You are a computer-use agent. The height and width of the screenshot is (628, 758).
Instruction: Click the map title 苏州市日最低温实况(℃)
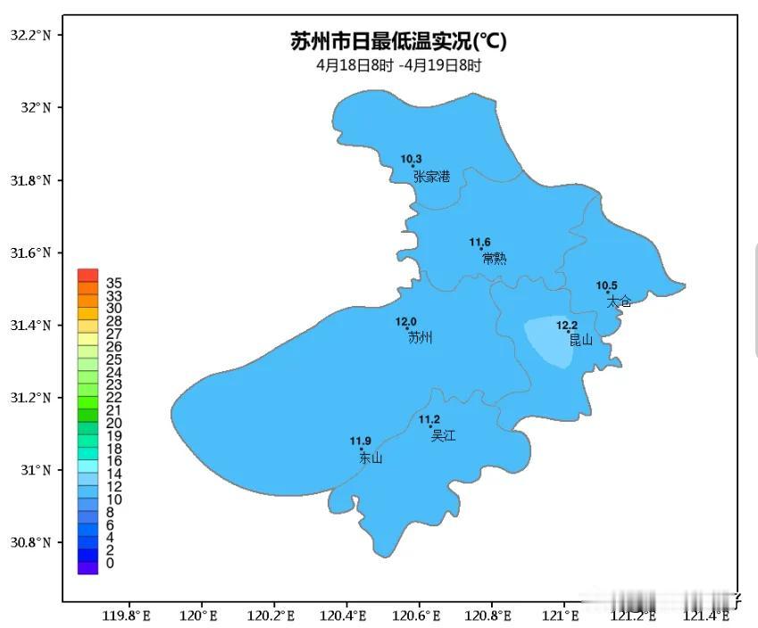[398, 42]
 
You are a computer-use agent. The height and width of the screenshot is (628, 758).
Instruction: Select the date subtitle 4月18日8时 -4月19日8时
[398, 65]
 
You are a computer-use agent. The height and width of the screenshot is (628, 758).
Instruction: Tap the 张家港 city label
[431, 177]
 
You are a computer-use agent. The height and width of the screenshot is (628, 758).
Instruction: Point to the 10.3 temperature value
[411, 159]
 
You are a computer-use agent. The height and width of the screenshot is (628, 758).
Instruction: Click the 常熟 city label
[494, 259]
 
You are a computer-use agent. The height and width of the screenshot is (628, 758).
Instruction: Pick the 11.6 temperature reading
[480, 242]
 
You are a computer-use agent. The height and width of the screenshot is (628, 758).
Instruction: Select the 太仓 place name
[620, 302]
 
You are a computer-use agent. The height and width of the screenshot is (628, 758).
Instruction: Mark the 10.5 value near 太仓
[607, 285]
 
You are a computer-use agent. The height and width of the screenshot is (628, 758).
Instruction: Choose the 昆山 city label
[580, 340]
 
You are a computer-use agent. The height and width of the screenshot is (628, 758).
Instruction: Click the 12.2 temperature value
[567, 325]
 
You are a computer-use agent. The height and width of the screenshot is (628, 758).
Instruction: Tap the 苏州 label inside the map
[420, 337]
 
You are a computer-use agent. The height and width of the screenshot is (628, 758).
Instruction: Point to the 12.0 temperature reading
[406, 321]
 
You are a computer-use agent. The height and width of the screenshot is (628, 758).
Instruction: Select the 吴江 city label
[443, 435]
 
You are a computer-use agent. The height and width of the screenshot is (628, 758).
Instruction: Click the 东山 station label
[371, 458]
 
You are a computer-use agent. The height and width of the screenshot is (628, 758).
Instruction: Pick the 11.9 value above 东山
[360, 441]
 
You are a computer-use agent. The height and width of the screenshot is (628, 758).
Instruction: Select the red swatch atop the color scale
[87, 276]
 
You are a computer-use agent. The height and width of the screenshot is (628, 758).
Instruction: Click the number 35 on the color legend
[114, 283]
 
